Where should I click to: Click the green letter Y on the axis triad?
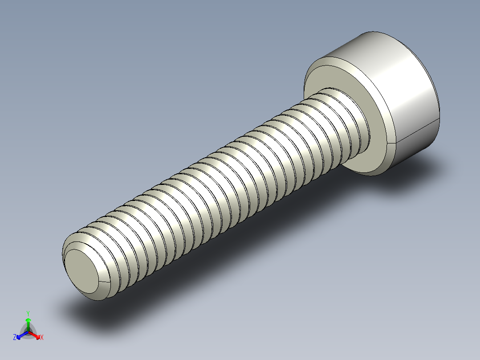[x=28, y=313]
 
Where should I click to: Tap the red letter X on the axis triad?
[x=42, y=338]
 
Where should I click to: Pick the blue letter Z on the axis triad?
[x=15, y=337]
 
